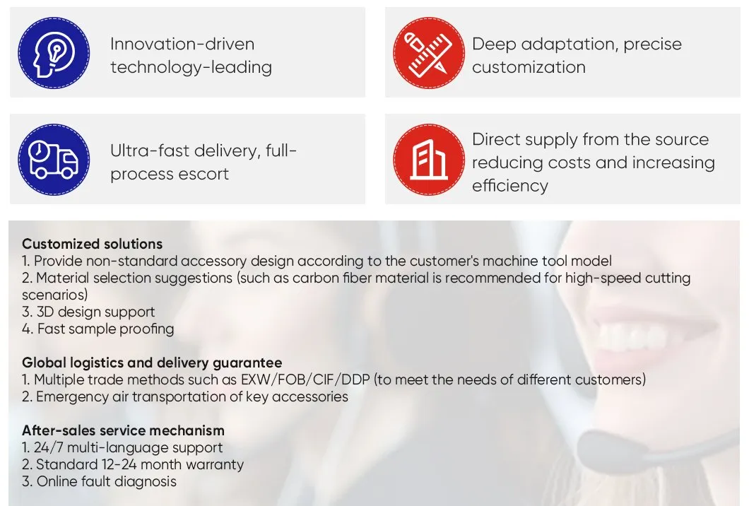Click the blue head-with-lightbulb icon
click(x=54, y=53)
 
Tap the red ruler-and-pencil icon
click(x=429, y=53)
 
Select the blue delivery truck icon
click(x=54, y=160)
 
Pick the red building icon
click(x=429, y=160)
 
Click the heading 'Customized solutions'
click(x=92, y=244)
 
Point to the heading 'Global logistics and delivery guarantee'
click(x=152, y=363)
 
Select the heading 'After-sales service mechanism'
click(x=123, y=430)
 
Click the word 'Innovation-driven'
click(x=182, y=44)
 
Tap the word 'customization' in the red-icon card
click(x=529, y=67)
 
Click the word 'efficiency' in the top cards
click(x=510, y=186)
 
